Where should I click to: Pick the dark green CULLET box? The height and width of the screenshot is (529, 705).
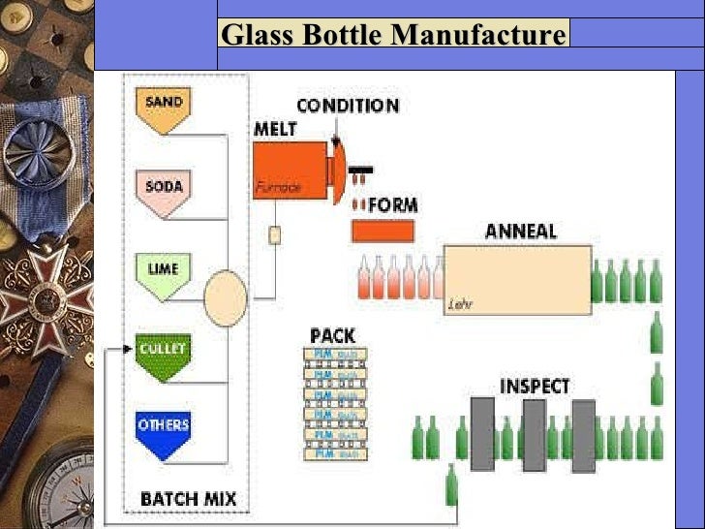(162, 354)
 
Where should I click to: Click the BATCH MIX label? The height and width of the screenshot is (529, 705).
(188, 500)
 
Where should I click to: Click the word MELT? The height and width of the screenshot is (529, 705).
(275, 129)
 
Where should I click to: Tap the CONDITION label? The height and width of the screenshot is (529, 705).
(347, 106)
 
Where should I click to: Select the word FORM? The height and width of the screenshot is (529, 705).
(393, 205)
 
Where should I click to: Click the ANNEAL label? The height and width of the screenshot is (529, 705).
(520, 232)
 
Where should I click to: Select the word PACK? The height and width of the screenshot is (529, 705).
(332, 335)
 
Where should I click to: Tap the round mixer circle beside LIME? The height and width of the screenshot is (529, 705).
(226, 297)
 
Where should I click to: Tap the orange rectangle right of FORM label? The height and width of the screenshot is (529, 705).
(383, 231)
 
